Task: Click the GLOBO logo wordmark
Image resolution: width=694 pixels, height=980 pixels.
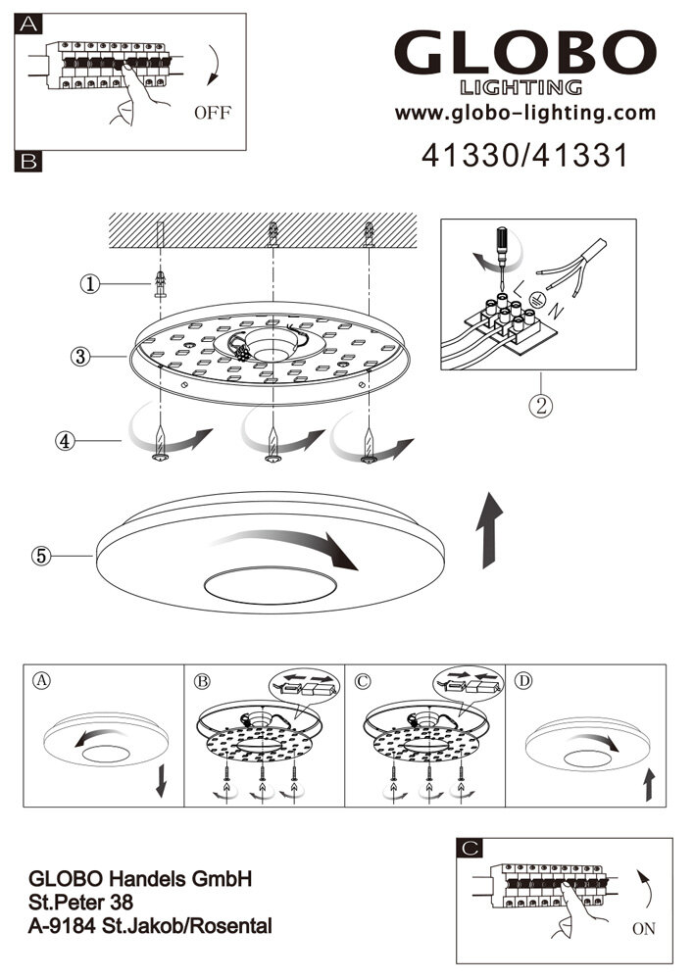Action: (x=524, y=54)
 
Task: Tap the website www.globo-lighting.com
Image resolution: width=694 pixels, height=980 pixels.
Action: (x=524, y=114)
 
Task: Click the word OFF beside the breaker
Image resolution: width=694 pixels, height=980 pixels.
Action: (x=212, y=113)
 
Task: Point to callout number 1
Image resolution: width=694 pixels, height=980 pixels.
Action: (x=90, y=284)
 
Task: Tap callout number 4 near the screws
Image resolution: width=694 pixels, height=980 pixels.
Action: (x=64, y=440)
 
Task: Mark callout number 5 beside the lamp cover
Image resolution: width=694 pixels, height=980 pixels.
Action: (x=41, y=556)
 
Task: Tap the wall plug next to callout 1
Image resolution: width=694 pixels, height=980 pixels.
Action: (x=160, y=286)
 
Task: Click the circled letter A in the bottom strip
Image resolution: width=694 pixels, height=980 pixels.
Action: (x=40, y=679)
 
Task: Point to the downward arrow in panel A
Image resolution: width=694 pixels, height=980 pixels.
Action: (x=162, y=781)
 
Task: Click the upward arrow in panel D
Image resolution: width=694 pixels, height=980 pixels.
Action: (x=647, y=784)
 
